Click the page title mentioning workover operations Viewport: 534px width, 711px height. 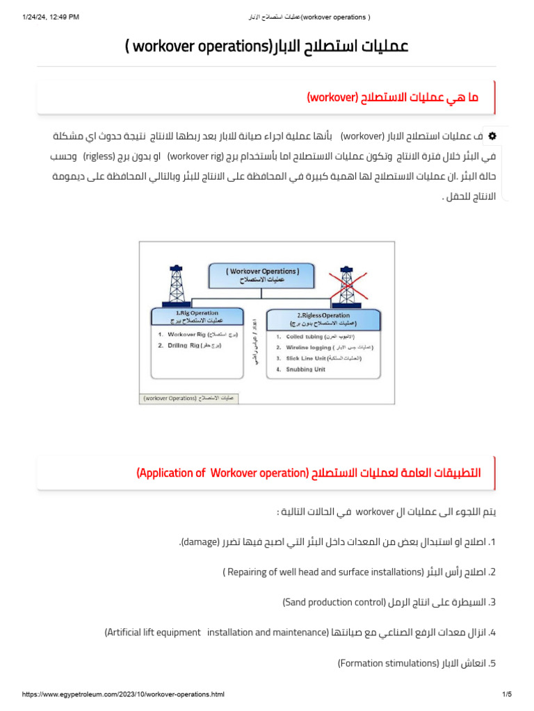tap(267, 47)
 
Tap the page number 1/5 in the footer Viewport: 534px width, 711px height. tap(506, 694)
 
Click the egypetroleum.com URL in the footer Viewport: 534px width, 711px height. tap(123, 694)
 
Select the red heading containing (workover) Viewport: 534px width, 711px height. tap(392, 98)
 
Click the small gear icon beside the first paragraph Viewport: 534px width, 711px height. tap(492, 135)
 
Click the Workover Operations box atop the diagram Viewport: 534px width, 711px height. tap(262, 275)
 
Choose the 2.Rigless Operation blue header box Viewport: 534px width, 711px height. tap(323, 319)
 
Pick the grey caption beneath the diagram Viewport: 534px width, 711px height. tap(188, 399)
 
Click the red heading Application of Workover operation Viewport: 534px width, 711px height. tap(308, 473)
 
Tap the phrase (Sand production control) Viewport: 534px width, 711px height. tap(334, 602)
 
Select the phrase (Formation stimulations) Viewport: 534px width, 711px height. tap(388, 663)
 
